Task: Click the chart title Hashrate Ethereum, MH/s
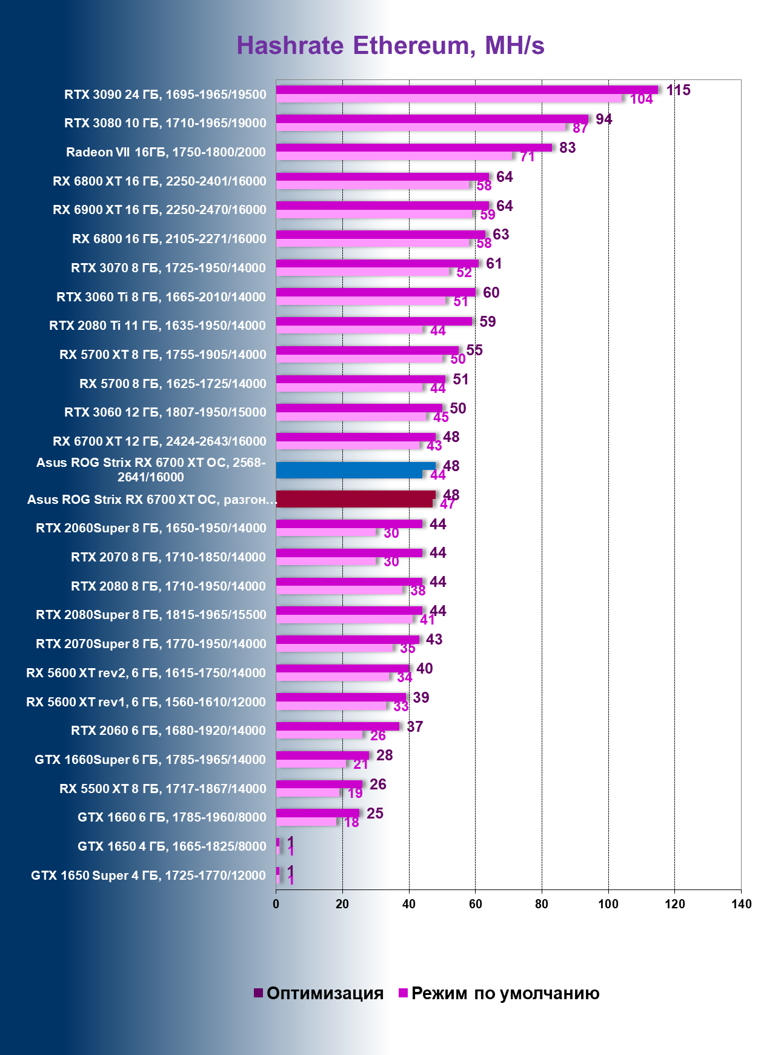pos(390,46)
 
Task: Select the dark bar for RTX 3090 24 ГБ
pos(467,90)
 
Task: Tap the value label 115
pos(678,90)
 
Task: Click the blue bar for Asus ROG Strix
pos(356,470)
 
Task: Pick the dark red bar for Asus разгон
pos(356,499)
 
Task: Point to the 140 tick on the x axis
pos(741,904)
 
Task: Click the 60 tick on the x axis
pos(475,904)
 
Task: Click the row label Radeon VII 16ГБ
pos(165,152)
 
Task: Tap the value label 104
pos(641,99)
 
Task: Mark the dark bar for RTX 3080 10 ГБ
pos(432,119)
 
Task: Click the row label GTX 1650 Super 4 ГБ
pos(148,876)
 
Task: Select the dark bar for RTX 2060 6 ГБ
pos(337,726)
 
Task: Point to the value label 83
pos(567,148)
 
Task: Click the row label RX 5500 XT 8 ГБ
pos(162,789)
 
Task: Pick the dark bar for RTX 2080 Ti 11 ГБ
pos(374,321)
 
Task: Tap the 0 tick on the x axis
pos(276,904)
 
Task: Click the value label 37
pos(414,726)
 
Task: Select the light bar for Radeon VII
pos(394,156)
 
